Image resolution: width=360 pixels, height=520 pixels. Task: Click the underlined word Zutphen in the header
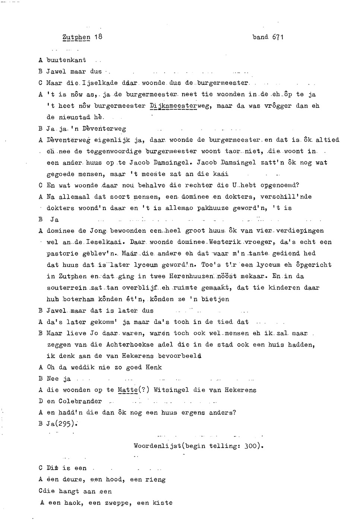76,37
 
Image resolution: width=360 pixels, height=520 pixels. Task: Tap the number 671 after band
278,37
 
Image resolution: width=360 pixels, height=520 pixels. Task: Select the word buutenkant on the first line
66,60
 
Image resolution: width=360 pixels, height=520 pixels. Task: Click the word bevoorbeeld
180,356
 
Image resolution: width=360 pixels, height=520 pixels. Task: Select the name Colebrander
80,401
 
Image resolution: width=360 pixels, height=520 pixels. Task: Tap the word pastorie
62,254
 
